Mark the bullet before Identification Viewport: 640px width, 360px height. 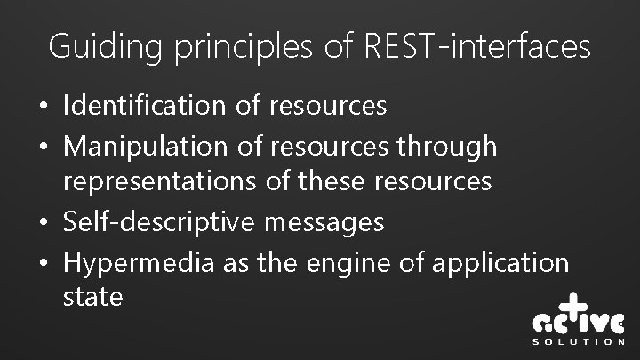tap(44, 107)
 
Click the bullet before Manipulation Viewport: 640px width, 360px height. tap(44, 145)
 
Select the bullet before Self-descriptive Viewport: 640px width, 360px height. tap(44, 221)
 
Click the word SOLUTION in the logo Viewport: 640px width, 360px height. tap(578, 340)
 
